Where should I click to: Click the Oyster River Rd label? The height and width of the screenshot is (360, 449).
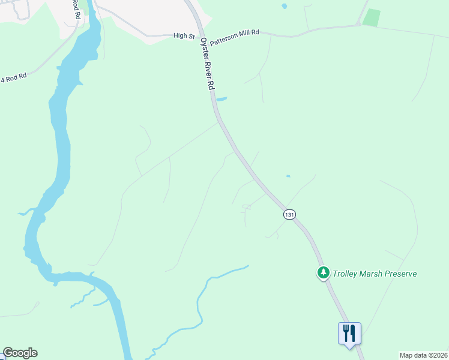(207, 62)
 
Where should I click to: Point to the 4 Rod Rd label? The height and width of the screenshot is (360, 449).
(14, 77)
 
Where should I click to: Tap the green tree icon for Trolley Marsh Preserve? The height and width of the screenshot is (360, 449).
(324, 273)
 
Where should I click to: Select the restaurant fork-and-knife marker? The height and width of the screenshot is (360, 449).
(349, 332)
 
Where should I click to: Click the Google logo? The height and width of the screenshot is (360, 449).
(20, 353)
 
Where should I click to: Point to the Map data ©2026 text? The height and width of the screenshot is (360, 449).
(423, 355)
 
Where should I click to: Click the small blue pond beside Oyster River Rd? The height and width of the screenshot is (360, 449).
(221, 99)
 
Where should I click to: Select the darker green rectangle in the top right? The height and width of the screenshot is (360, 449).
(372, 17)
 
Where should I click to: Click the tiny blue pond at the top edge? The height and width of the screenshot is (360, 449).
(284, 6)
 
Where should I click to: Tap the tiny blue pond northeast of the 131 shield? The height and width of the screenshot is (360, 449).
(288, 176)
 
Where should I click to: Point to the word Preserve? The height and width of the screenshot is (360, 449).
(398, 274)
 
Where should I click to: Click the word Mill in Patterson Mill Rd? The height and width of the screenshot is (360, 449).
(243, 32)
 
